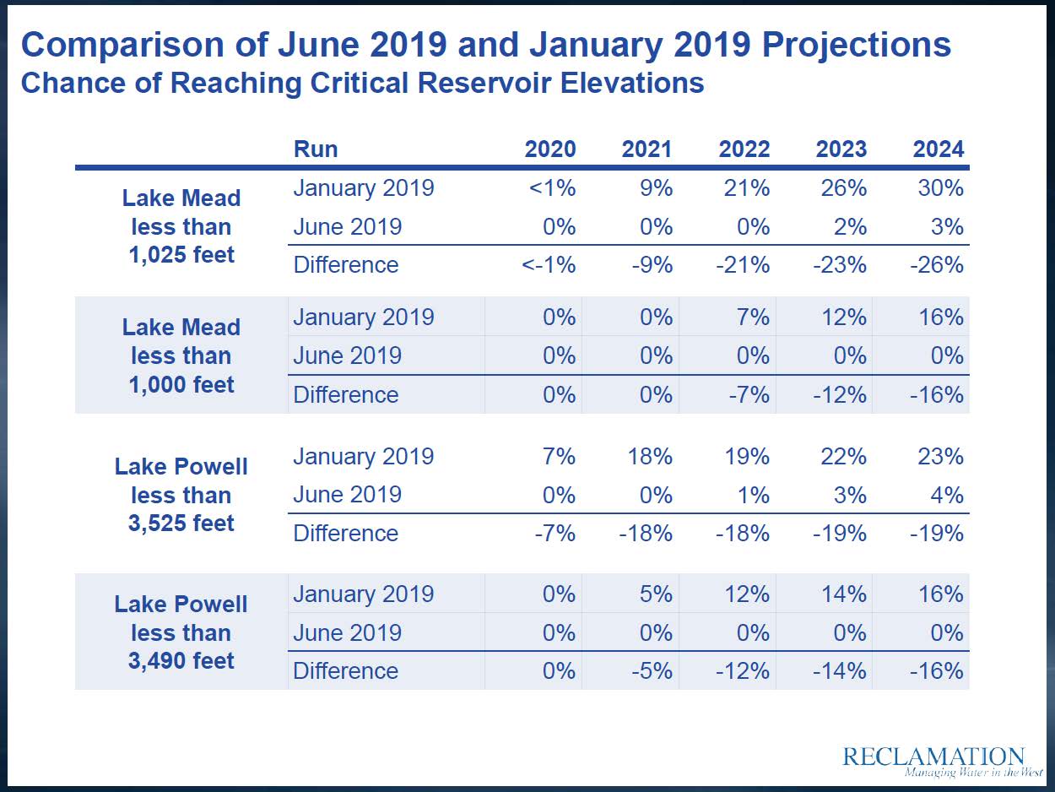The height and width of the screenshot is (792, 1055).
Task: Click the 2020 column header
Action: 550,149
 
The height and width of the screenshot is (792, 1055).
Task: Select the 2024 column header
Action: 938,149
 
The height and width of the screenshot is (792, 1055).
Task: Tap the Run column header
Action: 316,149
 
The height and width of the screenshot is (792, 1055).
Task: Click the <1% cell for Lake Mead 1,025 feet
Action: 553,187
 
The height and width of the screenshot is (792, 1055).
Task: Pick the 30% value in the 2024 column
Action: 941,187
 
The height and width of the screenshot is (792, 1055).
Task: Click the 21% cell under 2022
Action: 747,187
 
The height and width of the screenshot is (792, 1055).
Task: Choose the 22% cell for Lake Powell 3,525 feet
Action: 844,456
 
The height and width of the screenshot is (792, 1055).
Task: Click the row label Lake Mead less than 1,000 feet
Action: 181,355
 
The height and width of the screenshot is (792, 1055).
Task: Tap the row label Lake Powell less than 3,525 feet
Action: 181,495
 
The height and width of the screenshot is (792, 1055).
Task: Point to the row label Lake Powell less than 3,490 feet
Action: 181,632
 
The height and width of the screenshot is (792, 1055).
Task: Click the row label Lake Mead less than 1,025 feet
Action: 181,226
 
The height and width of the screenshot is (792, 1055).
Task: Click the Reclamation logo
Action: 933,759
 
